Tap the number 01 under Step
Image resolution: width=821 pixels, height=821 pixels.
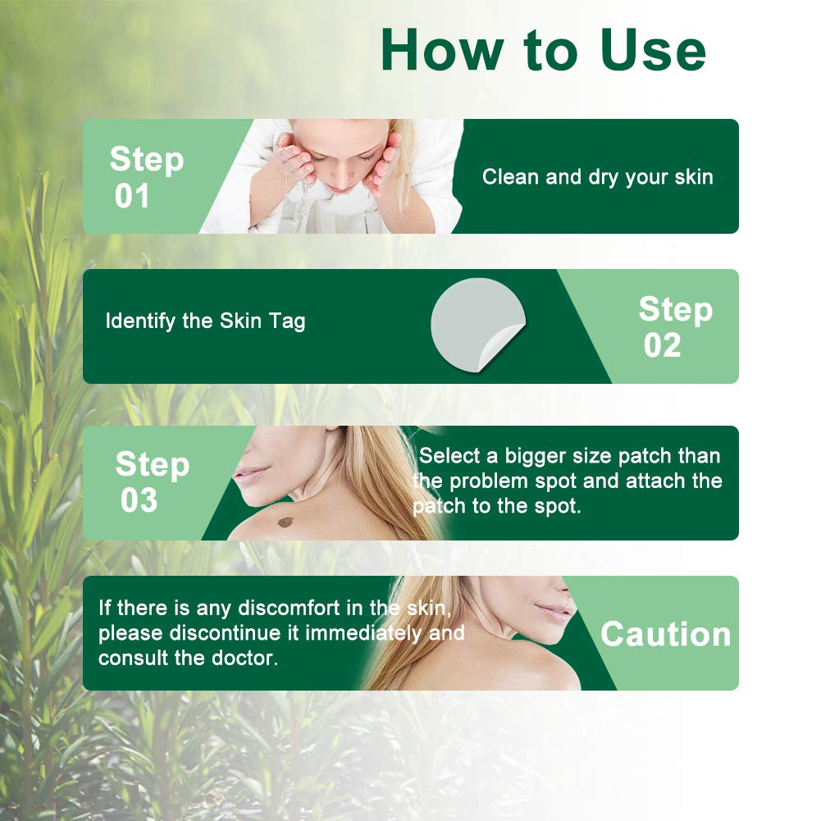132,197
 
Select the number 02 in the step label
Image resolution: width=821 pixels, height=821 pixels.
662,346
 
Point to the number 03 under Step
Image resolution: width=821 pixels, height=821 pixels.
139,500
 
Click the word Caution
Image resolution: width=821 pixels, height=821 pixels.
665,634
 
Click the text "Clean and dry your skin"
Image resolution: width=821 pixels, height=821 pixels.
597,177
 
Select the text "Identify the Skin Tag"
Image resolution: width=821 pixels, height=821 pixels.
205,321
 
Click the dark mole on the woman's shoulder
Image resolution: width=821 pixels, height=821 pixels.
285,521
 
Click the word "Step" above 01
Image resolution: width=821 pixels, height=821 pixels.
146,159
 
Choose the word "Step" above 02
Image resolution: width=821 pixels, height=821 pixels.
675,309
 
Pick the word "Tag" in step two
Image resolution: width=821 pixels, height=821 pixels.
286,321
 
